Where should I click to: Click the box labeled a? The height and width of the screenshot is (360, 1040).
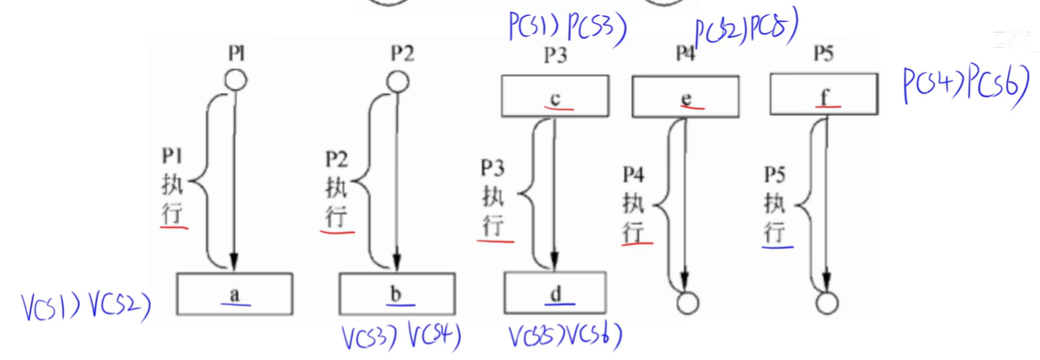pos(235,293)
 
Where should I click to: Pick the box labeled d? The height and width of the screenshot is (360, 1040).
pos(554,293)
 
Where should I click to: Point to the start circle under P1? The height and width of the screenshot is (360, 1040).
pos(235,81)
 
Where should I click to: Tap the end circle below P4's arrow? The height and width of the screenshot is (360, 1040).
pos(687,303)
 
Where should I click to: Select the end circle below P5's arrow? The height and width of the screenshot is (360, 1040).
pos(826,303)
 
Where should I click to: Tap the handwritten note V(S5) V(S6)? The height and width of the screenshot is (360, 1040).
pos(565,336)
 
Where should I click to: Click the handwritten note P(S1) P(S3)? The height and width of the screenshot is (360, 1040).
pos(567,28)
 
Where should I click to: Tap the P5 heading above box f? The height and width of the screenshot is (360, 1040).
pos(823,55)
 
